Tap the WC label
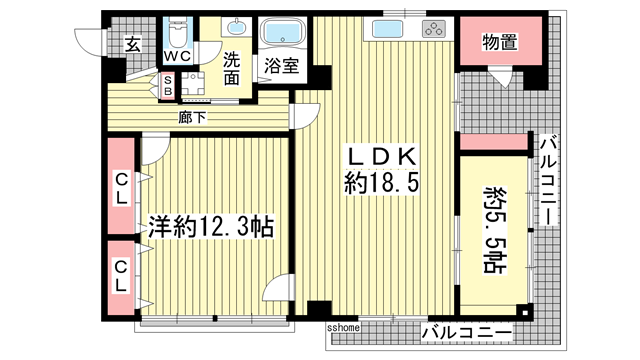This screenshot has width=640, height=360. pyautogui.click(x=178, y=58)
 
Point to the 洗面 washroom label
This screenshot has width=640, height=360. pyautogui.click(x=232, y=68)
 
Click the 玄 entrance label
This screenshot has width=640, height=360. pyautogui.click(x=133, y=44)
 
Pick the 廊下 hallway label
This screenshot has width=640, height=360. pyautogui.click(x=192, y=117)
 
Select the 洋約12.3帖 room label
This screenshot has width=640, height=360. pyautogui.click(x=212, y=226)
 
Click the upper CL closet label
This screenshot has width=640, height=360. pyautogui.click(x=121, y=188)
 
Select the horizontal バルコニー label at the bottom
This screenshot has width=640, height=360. pyautogui.click(x=466, y=331)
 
